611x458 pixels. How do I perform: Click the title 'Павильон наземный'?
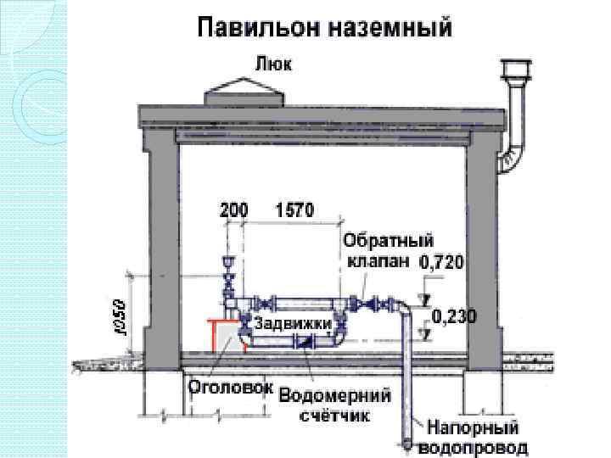(324, 27)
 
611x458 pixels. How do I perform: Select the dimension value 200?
(233, 209)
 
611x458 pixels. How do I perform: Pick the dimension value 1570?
(294, 209)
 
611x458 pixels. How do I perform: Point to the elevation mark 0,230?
(455, 317)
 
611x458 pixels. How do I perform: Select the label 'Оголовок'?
(229, 387)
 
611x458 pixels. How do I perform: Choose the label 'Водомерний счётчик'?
(334, 405)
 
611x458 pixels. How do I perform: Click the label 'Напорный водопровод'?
(476, 437)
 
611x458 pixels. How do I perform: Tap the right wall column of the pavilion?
(482, 254)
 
